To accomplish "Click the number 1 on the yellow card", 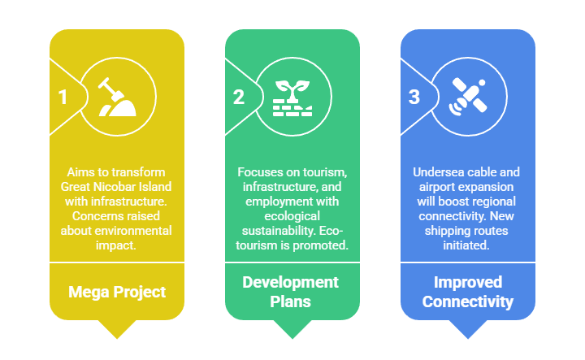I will pos(63,98).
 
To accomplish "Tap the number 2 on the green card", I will pos(238,98).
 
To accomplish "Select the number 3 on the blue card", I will pos(414,98).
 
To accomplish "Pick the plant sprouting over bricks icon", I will pos(292,97).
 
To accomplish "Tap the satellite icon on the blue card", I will pos(467,97).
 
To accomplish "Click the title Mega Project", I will pos(117,292).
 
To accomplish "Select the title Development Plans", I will pos(292,292).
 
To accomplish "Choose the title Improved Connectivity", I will pos(467,292).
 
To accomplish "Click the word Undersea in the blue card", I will pos(440,172).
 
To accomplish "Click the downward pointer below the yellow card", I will pos(117,328).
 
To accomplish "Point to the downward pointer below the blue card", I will pos(467,328).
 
